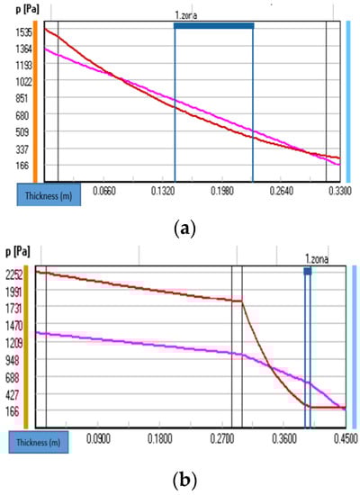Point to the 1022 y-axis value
pos(16,81)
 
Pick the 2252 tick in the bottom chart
pos(16,274)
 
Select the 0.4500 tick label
pos(341,440)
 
